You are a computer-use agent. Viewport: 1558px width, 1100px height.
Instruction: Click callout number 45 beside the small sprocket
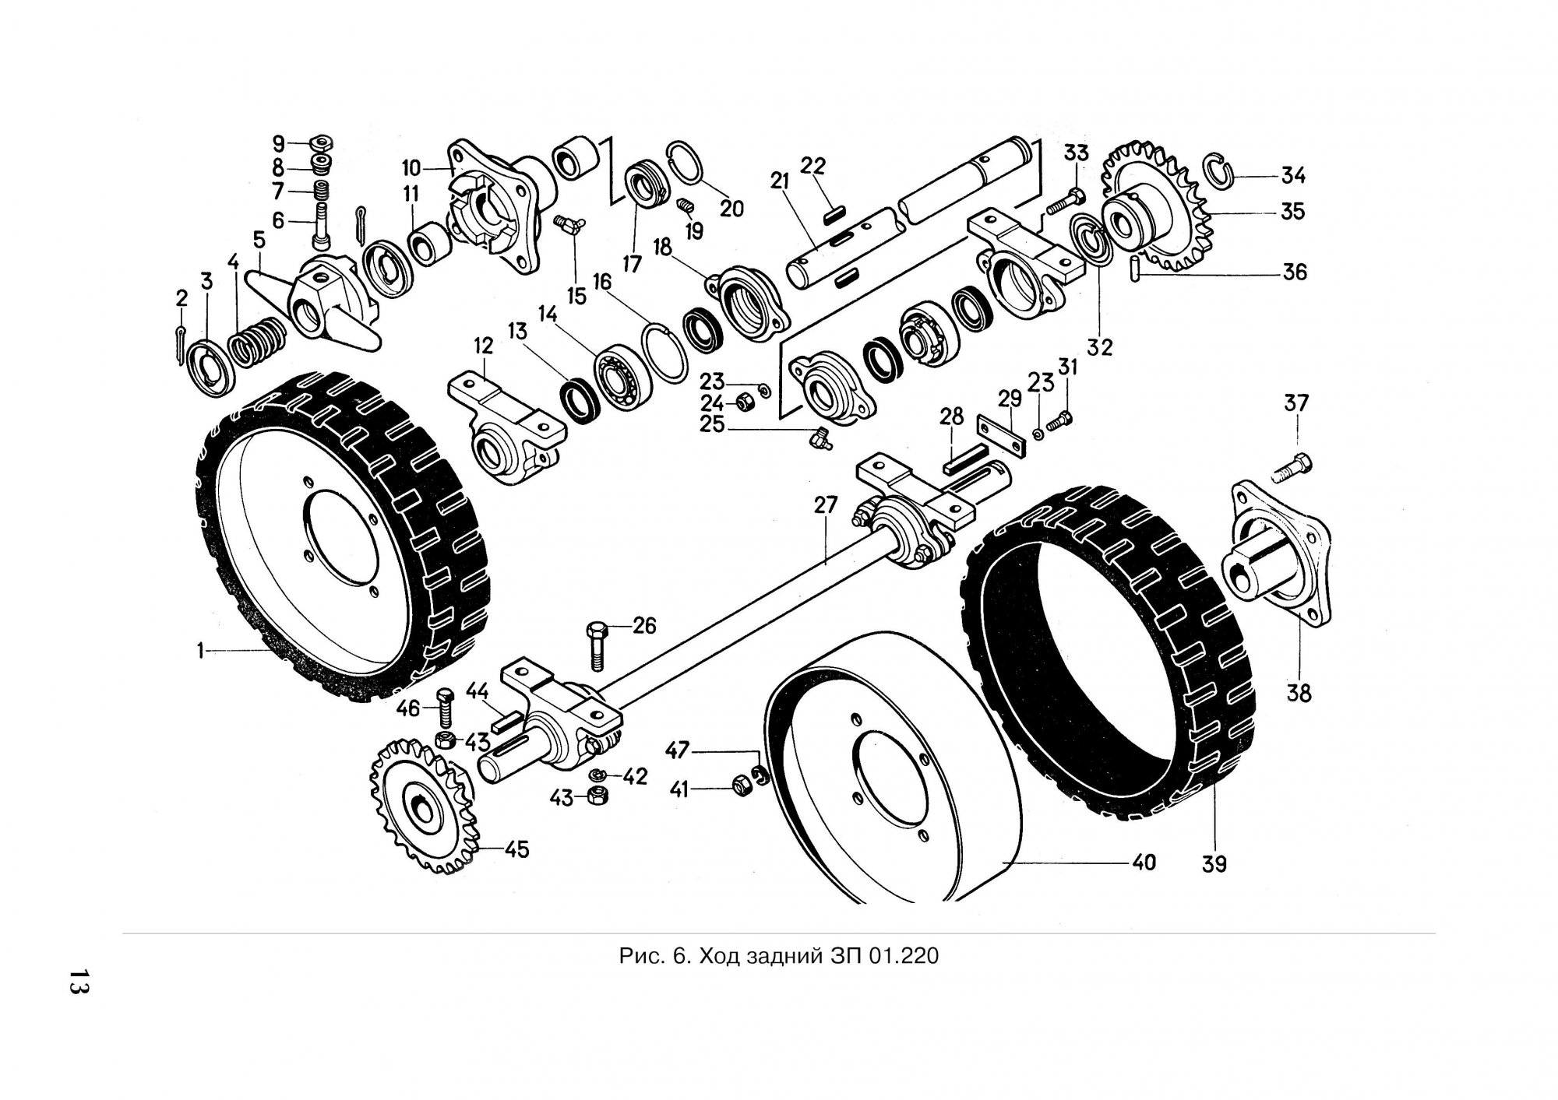click(516, 849)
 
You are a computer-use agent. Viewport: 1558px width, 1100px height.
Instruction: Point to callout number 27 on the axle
click(825, 504)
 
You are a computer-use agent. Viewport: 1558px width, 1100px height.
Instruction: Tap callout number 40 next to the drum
click(1144, 862)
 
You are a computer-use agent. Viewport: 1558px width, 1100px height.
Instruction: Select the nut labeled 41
click(740, 788)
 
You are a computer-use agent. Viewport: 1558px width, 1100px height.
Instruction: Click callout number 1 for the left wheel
click(200, 650)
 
